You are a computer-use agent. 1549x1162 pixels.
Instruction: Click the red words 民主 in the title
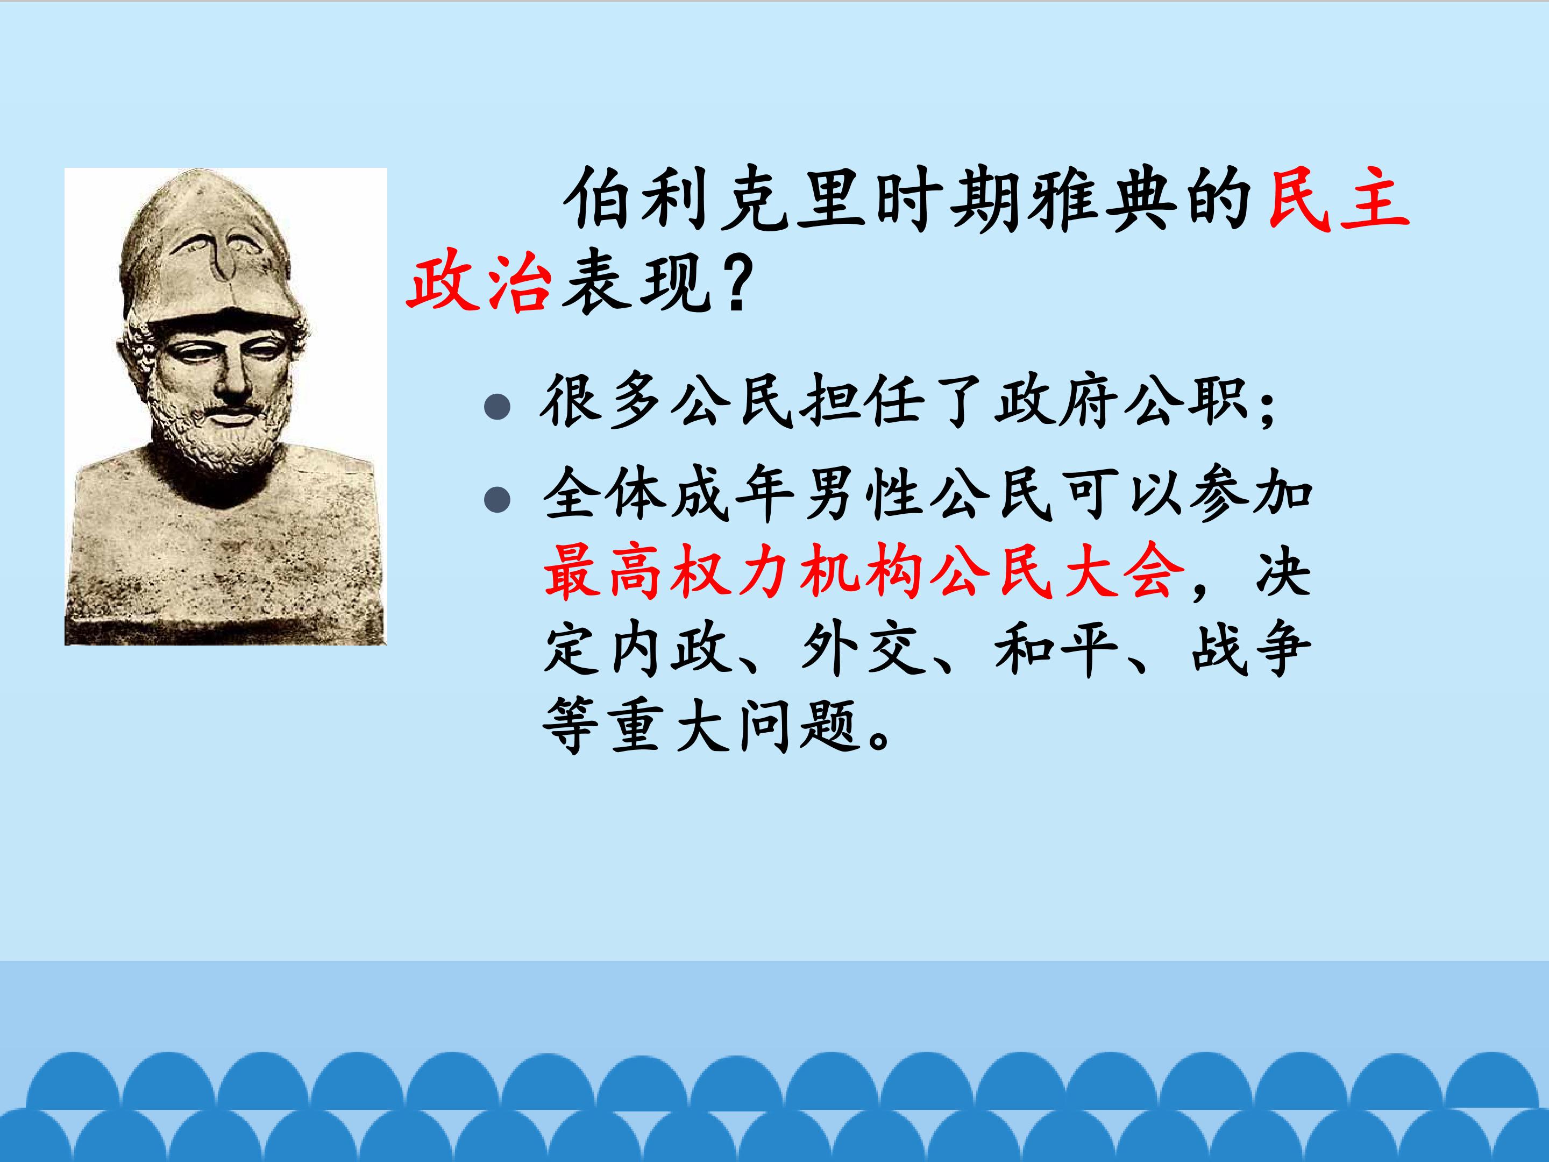click(1339, 202)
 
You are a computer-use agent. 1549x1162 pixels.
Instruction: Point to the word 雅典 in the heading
click(1105, 202)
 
